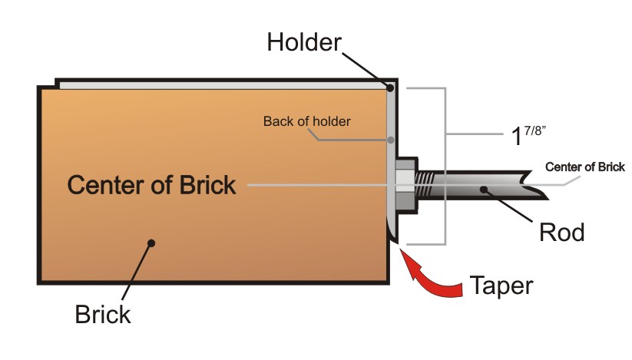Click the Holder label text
click(x=303, y=42)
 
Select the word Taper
click(x=500, y=286)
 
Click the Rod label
click(x=562, y=232)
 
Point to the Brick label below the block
click(x=103, y=315)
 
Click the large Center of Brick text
click(x=151, y=185)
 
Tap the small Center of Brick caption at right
click(x=585, y=167)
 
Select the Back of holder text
click(x=306, y=121)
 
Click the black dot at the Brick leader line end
click(x=152, y=243)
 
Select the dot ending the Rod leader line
click(x=484, y=188)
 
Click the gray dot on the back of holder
click(x=391, y=140)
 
